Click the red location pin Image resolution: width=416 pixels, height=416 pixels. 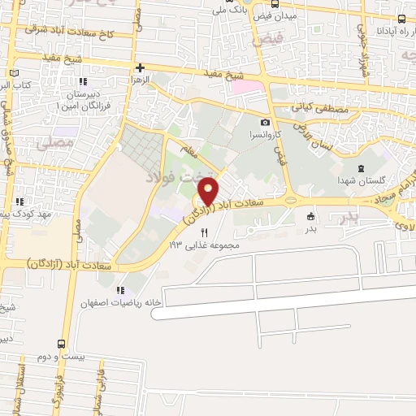click(x=209, y=192)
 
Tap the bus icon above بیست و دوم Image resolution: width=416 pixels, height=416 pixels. click(x=61, y=344)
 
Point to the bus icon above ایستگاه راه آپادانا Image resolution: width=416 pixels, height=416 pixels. click(x=401, y=19)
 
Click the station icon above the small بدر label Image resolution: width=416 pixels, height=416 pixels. click(x=310, y=216)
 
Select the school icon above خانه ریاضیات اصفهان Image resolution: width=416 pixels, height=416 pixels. click(x=120, y=290)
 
